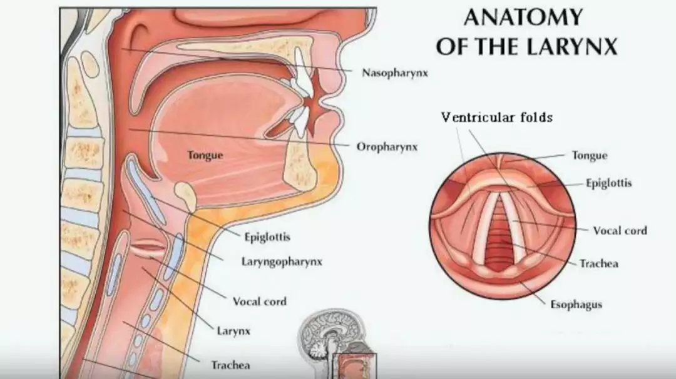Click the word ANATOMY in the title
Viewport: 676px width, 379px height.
(x=523, y=18)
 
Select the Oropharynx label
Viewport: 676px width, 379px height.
(x=387, y=147)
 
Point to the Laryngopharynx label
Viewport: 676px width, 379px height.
(x=282, y=261)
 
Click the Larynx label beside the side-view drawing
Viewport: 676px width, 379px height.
(x=234, y=331)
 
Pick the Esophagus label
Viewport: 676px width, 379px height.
(x=576, y=305)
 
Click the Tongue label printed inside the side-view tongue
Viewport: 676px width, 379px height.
(x=205, y=154)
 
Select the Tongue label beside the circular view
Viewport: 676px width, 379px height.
(x=590, y=155)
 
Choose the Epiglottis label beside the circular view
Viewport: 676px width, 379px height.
(x=608, y=183)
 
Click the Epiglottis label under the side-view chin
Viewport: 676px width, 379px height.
(x=267, y=237)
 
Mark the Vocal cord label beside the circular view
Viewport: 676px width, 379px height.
(x=620, y=231)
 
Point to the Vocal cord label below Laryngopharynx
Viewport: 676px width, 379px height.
(x=259, y=301)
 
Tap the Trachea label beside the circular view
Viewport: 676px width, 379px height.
(x=598, y=263)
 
